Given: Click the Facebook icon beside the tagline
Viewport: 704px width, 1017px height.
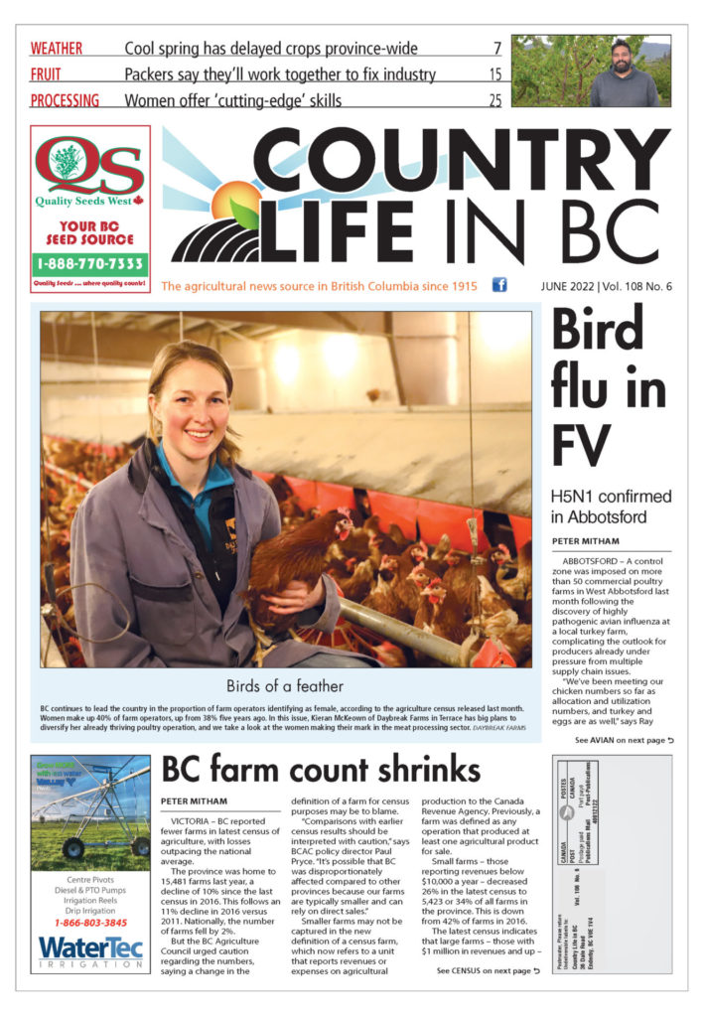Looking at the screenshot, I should (x=499, y=286).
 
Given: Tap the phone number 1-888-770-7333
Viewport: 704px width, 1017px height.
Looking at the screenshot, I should (x=90, y=265).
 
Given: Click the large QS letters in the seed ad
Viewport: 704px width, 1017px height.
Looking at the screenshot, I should (x=89, y=168).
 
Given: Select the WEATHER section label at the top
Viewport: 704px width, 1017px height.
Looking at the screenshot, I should (x=57, y=48).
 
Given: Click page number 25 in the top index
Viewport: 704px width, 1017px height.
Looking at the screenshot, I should (x=494, y=99).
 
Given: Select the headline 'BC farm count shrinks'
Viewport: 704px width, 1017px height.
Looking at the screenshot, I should (x=321, y=770).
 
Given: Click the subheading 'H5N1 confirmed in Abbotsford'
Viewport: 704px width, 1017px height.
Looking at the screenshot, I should (x=611, y=507).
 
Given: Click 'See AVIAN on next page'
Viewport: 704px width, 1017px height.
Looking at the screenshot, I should (x=624, y=741).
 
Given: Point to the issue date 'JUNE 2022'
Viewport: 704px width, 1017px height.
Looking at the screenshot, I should (x=564, y=287).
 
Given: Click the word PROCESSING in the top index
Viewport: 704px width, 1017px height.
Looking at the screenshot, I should (x=65, y=99).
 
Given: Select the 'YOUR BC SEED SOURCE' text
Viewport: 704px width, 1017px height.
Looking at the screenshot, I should (x=90, y=232).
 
